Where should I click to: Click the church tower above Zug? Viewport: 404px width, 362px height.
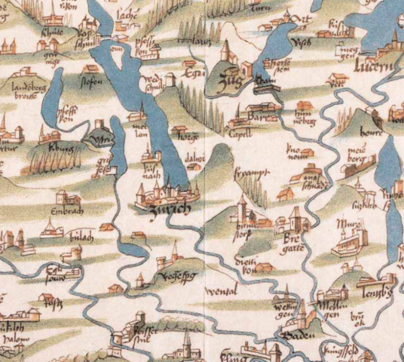click(x=225, y=52)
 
